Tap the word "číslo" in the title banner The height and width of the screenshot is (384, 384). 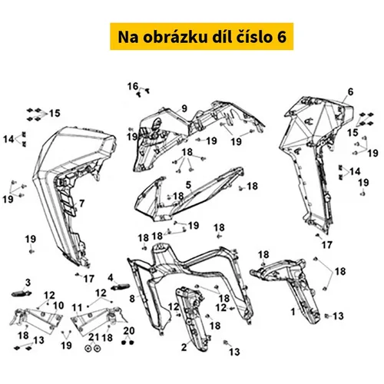point(253,36)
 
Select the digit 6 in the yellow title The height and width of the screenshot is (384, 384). point(282,37)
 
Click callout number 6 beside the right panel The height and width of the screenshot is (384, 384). point(350,92)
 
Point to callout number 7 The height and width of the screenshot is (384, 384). point(81,204)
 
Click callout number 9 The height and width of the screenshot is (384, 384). point(184,108)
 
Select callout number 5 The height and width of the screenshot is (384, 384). point(189,184)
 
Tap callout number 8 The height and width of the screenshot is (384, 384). point(132,299)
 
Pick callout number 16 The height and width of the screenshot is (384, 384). point(133,86)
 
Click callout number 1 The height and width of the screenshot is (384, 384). point(293,312)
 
